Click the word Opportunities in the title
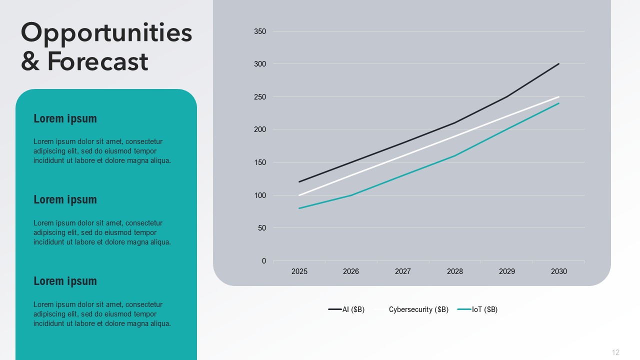point(106,33)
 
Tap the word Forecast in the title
point(97,61)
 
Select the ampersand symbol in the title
point(30,61)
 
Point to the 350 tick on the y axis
point(260,31)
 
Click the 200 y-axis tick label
point(260,129)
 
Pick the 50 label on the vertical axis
point(262,228)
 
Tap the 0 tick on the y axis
point(264,261)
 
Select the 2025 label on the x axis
point(299,271)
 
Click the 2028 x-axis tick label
point(455,271)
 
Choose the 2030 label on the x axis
point(559,271)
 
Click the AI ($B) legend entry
point(346,309)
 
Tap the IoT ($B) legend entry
point(477,309)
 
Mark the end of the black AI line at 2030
point(558,64)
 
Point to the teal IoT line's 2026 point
point(351,195)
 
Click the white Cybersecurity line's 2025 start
point(299,195)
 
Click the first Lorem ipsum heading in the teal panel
point(65,118)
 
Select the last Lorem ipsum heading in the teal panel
point(65,281)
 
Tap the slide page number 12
point(615,352)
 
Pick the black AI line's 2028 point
point(455,123)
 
